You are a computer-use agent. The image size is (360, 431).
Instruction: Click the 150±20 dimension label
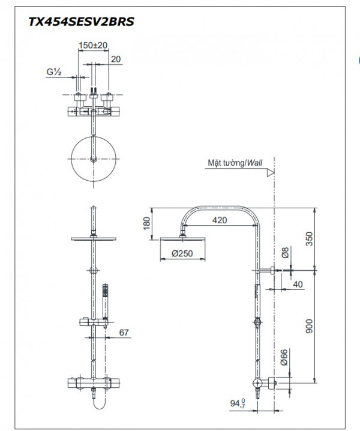coord(93,45)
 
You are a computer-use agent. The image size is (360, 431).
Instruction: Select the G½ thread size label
coord(55,71)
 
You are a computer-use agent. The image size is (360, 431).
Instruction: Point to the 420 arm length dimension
coord(220,220)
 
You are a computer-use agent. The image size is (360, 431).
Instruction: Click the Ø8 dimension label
coord(286,253)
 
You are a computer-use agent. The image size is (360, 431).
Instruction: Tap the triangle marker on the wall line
coord(271,172)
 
